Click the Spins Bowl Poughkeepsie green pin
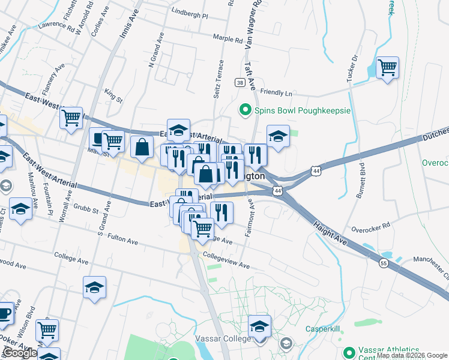(x=245, y=110)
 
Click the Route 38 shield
(x=240, y=83)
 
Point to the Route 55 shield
(x=384, y=262)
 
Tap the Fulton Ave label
(x=122, y=241)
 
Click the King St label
(x=113, y=94)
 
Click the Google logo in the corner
(x=20, y=353)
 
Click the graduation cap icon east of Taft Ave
(x=278, y=136)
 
